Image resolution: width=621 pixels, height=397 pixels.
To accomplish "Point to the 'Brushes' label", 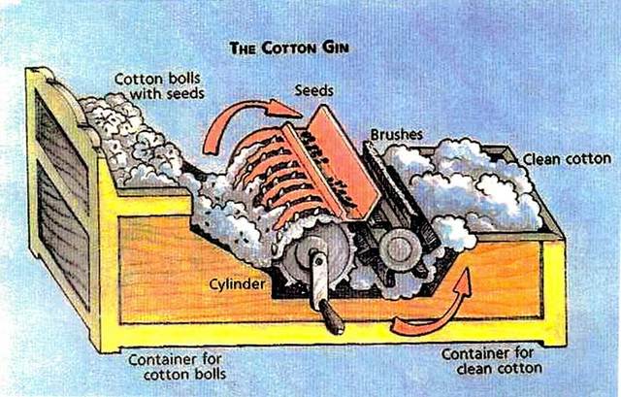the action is pos(395,135).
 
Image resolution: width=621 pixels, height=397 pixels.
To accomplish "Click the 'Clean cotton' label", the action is pos(567,158).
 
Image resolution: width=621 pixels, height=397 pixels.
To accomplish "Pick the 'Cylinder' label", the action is pos(237,285).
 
